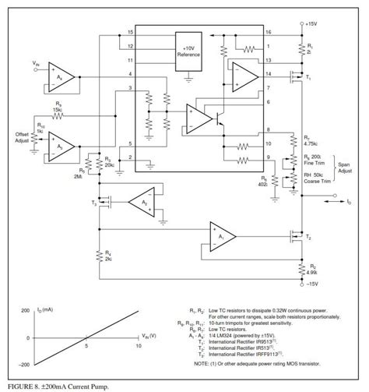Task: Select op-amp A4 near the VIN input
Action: pos(63,79)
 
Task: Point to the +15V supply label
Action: pos(311,24)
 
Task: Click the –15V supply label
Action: pos(312,284)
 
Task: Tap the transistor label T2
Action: pos(308,238)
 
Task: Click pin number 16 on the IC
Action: pos(268,34)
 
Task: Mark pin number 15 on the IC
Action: pos(132,34)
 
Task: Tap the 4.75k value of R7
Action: pos(312,144)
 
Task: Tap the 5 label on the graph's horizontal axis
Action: pos(86,344)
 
